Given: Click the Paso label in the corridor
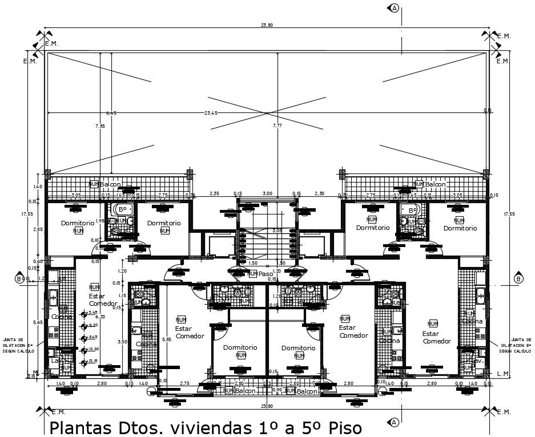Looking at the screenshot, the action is click(266, 274).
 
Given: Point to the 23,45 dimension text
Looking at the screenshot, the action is click(211, 114).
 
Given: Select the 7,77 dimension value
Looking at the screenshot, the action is click(277, 126).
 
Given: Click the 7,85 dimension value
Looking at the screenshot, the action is click(100, 126).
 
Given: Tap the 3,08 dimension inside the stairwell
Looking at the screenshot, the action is click(277, 230).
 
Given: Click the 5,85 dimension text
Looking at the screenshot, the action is click(166, 339).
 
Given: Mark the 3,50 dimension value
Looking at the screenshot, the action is click(122, 341).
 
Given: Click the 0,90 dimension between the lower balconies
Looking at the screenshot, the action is click(277, 390).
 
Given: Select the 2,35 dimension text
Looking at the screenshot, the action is click(215, 193).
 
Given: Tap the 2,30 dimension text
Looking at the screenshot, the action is click(319, 193).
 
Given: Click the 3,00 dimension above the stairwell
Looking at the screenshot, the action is click(267, 193).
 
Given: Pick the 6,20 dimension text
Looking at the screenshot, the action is click(100, 317).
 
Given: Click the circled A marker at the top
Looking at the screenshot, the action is click(394, 7).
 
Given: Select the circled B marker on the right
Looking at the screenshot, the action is click(518, 279).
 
